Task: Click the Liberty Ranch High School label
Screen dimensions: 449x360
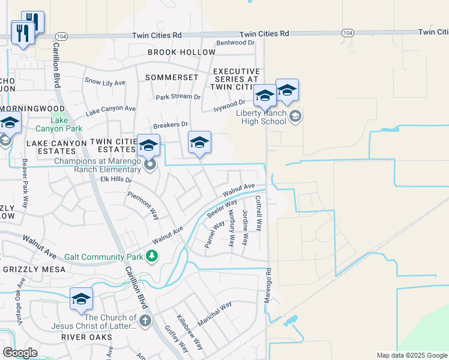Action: pyautogui.click(x=261, y=117)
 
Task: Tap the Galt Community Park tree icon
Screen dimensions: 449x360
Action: pyautogui.click(x=152, y=257)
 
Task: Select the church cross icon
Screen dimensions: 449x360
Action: pyautogui.click(x=144, y=322)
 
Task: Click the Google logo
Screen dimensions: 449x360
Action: pyautogui.click(x=20, y=353)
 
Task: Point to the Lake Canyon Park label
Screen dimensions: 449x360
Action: pyautogui.click(x=59, y=124)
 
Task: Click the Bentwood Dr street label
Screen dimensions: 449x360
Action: pyautogui.click(x=235, y=43)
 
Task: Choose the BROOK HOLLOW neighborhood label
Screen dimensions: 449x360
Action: pyautogui.click(x=181, y=52)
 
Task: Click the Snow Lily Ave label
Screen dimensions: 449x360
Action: pyautogui.click(x=105, y=82)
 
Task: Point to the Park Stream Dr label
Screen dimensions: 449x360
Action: pyautogui.click(x=178, y=97)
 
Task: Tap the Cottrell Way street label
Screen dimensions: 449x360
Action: pyautogui.click(x=259, y=214)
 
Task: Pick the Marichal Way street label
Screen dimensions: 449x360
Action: pyautogui.click(x=214, y=313)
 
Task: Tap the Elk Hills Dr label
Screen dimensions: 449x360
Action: pyautogui.click(x=116, y=179)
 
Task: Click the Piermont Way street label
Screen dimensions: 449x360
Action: pyautogui.click(x=143, y=206)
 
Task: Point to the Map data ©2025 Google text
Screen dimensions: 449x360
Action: pyautogui.click(x=411, y=355)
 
